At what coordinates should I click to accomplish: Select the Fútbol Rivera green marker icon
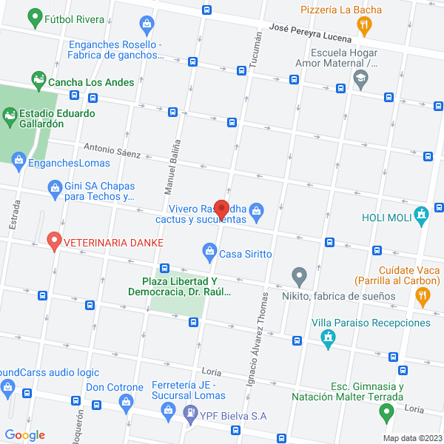pos(34,17)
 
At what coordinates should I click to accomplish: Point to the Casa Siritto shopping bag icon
pos(209,254)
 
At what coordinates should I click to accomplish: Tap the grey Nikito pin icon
pos(299,277)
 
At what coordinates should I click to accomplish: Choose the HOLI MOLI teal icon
pos(422,217)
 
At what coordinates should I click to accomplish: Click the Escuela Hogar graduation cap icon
pos(360,79)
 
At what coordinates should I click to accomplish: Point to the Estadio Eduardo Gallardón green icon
pos(10,115)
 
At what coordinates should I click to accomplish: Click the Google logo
pos(24,435)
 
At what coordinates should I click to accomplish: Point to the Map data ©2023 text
pos(411,437)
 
